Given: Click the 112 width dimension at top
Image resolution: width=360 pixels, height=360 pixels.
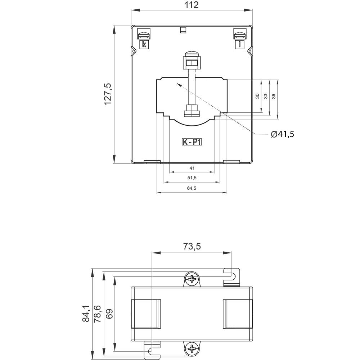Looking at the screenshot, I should pos(192,5).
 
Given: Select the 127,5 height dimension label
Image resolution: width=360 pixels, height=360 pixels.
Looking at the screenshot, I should pos(108,94).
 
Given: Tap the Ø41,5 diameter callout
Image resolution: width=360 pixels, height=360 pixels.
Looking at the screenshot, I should pos(283,134).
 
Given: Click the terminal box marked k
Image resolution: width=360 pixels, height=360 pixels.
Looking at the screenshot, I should pos(144,44).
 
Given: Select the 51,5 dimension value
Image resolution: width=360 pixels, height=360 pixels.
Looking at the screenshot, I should pos(192,178).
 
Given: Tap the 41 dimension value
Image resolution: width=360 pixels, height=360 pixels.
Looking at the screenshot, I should pos(192,168).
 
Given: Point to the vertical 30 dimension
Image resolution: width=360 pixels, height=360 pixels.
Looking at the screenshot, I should pos(257,96).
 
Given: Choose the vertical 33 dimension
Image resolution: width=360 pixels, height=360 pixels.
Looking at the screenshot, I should pos(265,96).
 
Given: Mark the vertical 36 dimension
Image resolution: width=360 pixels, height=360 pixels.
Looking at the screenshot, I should pos(274,96).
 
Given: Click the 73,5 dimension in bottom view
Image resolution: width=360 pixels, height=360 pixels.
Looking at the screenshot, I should pos(192,246).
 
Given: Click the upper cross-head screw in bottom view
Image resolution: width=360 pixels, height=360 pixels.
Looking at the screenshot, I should pos(193,279).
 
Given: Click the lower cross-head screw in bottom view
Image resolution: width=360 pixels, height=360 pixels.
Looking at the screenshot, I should pos(193,348).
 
